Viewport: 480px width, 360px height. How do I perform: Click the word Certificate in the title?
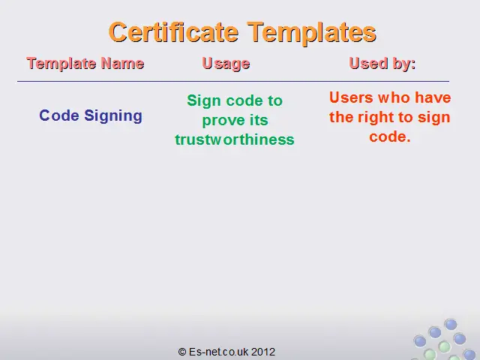[173, 32]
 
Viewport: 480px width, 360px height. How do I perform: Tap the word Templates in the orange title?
[312, 33]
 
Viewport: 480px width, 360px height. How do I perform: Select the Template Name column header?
[85, 64]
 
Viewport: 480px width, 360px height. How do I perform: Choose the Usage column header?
[226, 64]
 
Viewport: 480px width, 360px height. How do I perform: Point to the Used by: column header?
[382, 64]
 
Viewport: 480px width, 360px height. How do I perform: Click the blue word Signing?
[113, 116]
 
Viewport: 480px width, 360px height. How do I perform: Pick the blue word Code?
[59, 115]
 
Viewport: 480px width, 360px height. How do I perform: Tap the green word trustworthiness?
[235, 139]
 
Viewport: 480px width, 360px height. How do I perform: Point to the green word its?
[259, 120]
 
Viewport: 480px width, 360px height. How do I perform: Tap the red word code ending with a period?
[390, 136]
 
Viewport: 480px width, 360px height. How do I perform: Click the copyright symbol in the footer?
[182, 352]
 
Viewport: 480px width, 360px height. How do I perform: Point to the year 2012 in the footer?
[263, 352]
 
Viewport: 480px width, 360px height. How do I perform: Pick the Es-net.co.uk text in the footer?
[219, 352]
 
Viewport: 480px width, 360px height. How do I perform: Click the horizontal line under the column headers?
[233, 82]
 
